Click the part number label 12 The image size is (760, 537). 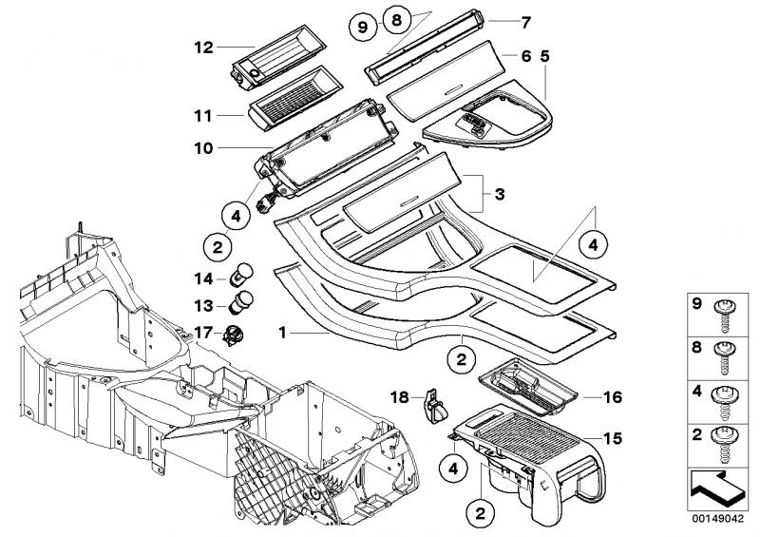click(203, 48)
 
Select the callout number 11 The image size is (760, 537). click(203, 116)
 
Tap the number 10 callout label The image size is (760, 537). click(203, 148)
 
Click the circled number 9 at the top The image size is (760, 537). click(363, 27)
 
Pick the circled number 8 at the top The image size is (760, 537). click(396, 20)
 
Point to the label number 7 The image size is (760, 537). click(526, 22)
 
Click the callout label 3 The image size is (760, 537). click(500, 195)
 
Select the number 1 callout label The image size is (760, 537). click(282, 333)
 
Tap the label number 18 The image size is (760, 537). click(400, 398)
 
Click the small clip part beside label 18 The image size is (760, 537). click(435, 406)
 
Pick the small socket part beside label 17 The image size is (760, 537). click(234, 336)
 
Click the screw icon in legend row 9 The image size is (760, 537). click(725, 316)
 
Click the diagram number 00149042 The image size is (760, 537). click(718, 519)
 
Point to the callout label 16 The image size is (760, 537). click(613, 397)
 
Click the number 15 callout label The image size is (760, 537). click(613, 438)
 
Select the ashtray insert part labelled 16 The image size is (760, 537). click(528, 387)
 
